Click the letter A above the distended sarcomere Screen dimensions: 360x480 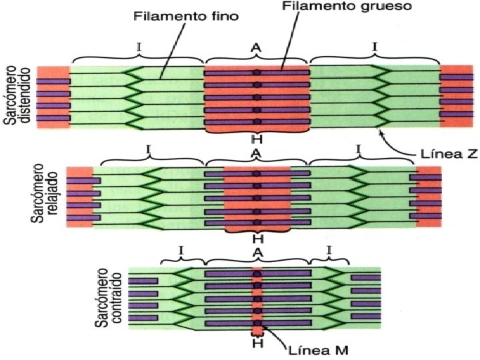coord(256,47)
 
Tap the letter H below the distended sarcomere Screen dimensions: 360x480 coord(256,139)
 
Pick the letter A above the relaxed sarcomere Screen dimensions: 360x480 coord(256,153)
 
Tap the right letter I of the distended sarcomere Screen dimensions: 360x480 coord(375,47)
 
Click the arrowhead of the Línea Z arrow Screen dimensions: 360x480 coord(381,132)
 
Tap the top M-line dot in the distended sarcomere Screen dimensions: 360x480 coord(257,72)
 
